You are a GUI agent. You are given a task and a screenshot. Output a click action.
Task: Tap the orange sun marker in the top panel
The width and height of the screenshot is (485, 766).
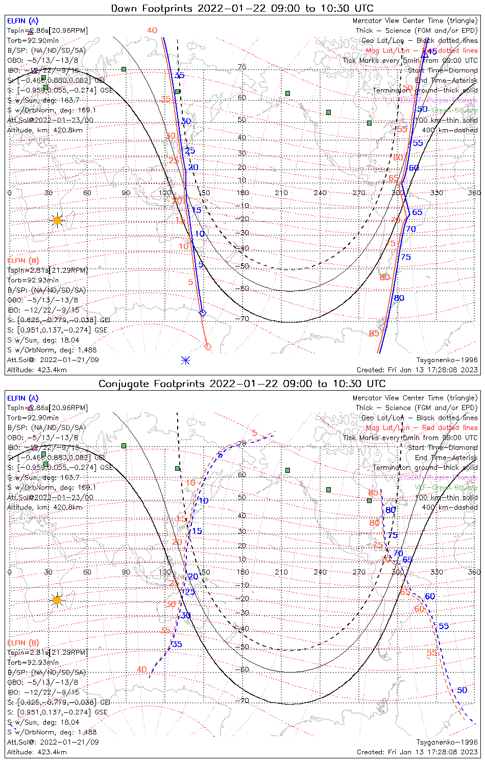click(x=57, y=221)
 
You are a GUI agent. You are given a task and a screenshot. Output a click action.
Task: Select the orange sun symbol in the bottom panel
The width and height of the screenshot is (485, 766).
click(x=57, y=600)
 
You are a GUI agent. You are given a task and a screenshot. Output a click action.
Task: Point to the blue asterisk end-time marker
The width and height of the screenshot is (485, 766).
click(x=186, y=360)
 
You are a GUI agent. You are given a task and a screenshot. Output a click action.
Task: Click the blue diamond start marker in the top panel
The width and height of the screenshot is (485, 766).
click(x=203, y=313)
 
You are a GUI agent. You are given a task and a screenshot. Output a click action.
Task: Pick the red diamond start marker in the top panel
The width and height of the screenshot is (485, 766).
click(x=208, y=347)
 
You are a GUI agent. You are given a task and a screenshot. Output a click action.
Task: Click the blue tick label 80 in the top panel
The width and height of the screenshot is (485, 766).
click(x=399, y=298)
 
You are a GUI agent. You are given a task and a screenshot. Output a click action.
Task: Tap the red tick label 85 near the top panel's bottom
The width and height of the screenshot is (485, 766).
click(x=374, y=333)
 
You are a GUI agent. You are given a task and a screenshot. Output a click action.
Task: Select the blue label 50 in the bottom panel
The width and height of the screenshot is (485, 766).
click(x=462, y=690)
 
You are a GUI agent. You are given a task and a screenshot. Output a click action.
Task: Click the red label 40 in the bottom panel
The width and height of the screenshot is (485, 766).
click(x=141, y=669)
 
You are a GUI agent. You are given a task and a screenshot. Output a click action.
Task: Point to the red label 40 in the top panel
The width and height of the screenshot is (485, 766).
click(x=152, y=31)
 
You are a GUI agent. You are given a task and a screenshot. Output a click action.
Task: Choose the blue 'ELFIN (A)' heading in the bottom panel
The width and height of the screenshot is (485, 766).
click(x=23, y=398)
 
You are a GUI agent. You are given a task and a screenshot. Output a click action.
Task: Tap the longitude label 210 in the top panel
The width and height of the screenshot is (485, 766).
click(x=281, y=193)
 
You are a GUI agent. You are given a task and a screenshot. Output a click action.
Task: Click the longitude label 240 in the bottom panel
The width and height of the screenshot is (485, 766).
click(x=320, y=572)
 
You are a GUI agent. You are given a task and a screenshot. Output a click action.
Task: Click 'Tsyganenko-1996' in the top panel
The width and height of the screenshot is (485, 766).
click(x=447, y=360)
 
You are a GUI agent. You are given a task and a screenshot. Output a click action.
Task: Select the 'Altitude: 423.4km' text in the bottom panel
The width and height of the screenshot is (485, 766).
click(x=37, y=752)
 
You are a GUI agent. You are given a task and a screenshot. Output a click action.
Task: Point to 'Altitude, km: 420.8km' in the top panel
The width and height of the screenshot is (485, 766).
click(x=45, y=130)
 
